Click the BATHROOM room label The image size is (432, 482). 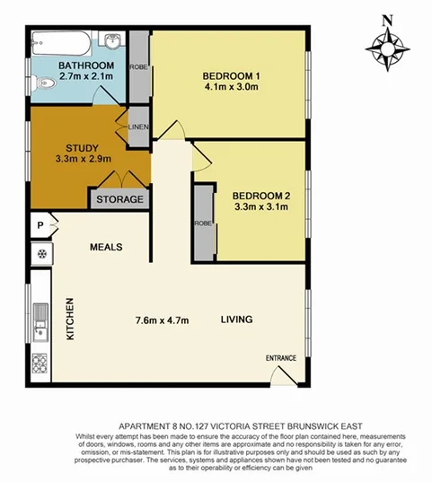pyautogui.click(x=87, y=66)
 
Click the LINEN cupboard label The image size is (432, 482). pyautogui.click(x=138, y=127)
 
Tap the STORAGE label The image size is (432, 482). pyautogui.click(x=119, y=198)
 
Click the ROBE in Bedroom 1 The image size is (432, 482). pyautogui.click(x=138, y=66)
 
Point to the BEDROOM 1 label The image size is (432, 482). pyautogui.click(x=231, y=75)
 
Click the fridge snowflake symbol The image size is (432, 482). pyautogui.click(x=40, y=253)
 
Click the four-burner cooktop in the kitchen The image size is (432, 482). pyautogui.click(x=40, y=364)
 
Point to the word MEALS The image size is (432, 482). pyautogui.click(x=105, y=246)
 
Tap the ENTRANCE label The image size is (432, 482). pyautogui.click(x=280, y=358)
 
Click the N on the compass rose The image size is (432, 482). pyautogui.click(x=386, y=20)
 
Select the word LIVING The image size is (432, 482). pyautogui.click(x=237, y=320)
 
